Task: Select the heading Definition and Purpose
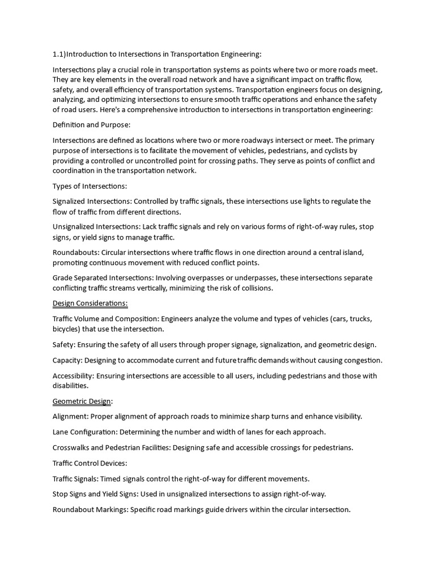pyautogui.click(x=92, y=125)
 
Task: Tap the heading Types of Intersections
pyautogui.click(x=89, y=186)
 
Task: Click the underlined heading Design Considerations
pyautogui.click(x=90, y=303)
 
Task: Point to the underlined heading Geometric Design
pyautogui.click(x=82, y=401)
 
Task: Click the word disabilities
pyautogui.click(x=70, y=386)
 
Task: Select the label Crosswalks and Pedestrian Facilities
pyautogui.click(x=112, y=447)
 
